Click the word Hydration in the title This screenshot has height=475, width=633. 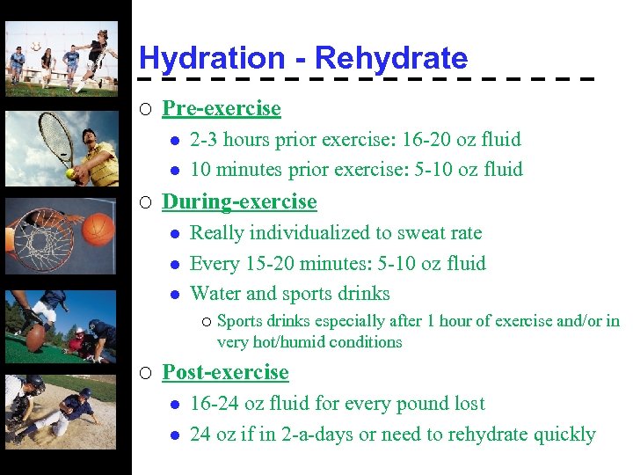click(x=211, y=59)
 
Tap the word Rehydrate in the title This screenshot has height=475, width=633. click(x=391, y=59)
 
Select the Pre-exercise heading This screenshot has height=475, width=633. click(x=222, y=108)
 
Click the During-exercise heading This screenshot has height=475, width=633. click(x=239, y=201)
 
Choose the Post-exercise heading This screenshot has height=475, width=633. click(x=225, y=372)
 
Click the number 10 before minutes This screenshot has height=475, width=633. click(x=200, y=169)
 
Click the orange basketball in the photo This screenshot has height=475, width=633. click(x=99, y=228)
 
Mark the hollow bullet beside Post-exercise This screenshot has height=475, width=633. click(x=145, y=373)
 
